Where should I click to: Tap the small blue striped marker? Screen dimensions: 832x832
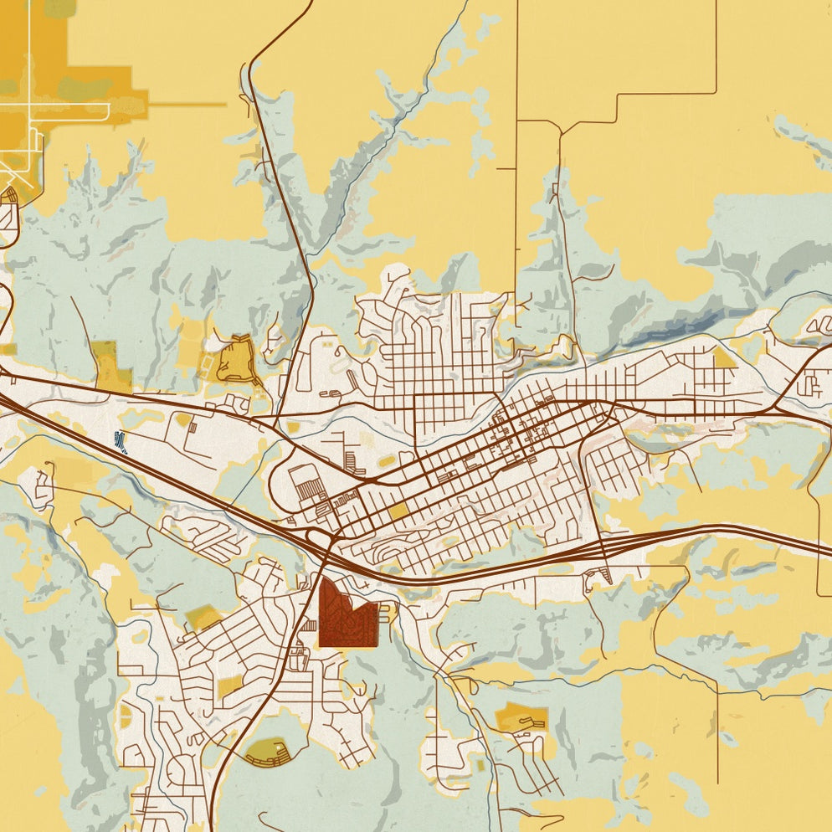click(x=121, y=440)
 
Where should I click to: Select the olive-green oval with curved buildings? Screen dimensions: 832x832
click(x=268, y=751)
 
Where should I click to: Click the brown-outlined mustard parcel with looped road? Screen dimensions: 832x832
click(x=237, y=361)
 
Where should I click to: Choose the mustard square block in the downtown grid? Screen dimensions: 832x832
click(x=399, y=511)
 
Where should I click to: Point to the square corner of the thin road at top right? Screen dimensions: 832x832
click(x=716, y=92)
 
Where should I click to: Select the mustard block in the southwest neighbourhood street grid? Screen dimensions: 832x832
click(x=229, y=688)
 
